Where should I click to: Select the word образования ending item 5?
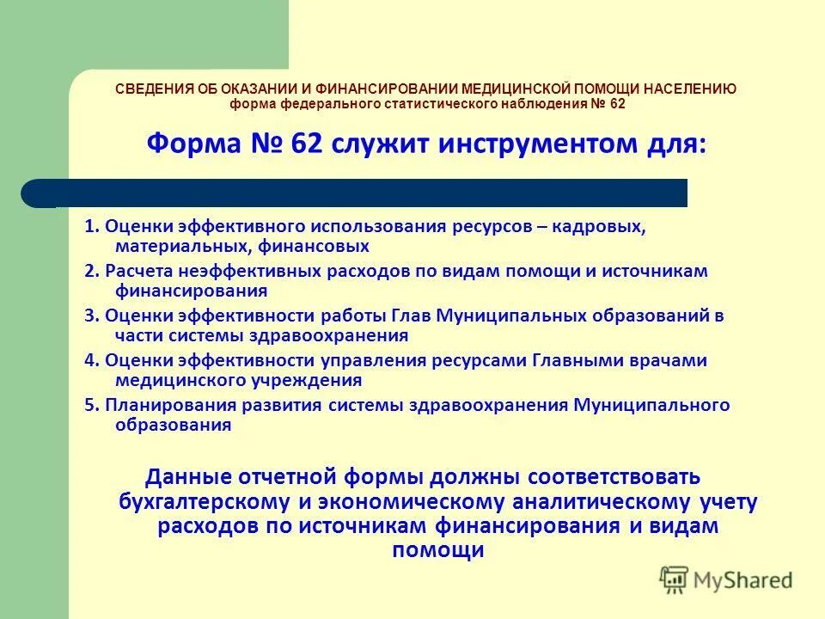172,425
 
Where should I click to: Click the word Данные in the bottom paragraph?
194,476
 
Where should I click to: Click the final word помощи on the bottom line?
437,551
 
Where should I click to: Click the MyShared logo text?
742,579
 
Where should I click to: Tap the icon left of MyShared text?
675,579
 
